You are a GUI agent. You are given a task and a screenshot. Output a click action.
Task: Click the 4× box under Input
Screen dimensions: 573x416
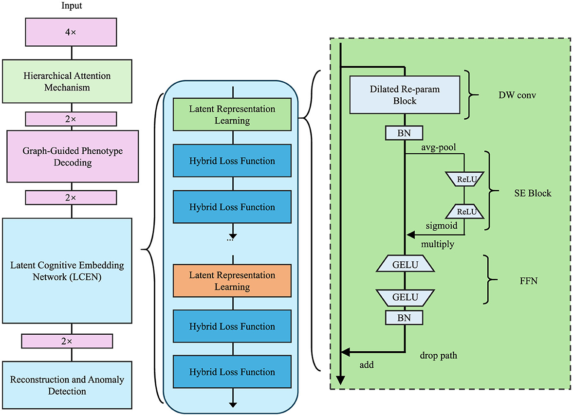[x=71, y=32]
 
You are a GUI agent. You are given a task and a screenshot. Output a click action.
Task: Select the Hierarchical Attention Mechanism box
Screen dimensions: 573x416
[x=67, y=81]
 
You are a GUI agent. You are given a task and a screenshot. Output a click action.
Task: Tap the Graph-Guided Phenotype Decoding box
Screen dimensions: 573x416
[x=73, y=156]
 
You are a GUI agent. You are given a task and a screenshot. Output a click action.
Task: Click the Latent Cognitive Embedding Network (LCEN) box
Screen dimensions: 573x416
[x=67, y=271]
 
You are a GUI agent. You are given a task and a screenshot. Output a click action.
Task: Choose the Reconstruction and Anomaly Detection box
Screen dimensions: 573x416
[x=67, y=385]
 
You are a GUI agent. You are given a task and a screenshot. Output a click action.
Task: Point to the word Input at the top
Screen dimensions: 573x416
[x=72, y=6]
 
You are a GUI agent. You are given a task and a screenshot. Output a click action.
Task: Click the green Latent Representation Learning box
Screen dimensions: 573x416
[x=232, y=114]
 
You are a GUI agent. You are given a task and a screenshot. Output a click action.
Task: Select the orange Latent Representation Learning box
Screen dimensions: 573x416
[x=232, y=281]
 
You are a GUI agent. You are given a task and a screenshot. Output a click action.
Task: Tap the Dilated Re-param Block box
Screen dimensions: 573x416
[x=405, y=95]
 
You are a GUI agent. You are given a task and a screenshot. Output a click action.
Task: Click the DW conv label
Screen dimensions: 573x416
[x=517, y=95]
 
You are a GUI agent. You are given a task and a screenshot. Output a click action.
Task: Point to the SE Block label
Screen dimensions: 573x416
[x=533, y=193]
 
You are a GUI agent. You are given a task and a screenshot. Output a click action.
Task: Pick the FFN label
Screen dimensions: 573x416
[x=529, y=281]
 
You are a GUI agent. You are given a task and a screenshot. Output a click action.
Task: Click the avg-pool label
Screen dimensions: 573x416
[x=439, y=147]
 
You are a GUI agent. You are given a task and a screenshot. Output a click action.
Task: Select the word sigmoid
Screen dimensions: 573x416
[x=442, y=226]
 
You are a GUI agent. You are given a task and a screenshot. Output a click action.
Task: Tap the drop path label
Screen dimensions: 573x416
[x=438, y=355]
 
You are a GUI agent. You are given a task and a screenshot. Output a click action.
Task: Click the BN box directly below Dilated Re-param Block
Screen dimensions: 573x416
[x=404, y=133]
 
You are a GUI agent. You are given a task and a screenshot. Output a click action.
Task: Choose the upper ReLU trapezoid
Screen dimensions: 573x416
[x=465, y=180]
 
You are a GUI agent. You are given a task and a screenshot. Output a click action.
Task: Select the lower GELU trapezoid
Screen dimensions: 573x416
[x=405, y=297]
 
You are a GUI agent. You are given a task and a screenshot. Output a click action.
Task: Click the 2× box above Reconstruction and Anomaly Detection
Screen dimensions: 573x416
[x=67, y=341]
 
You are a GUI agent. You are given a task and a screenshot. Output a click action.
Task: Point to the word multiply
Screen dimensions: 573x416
[x=438, y=244]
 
